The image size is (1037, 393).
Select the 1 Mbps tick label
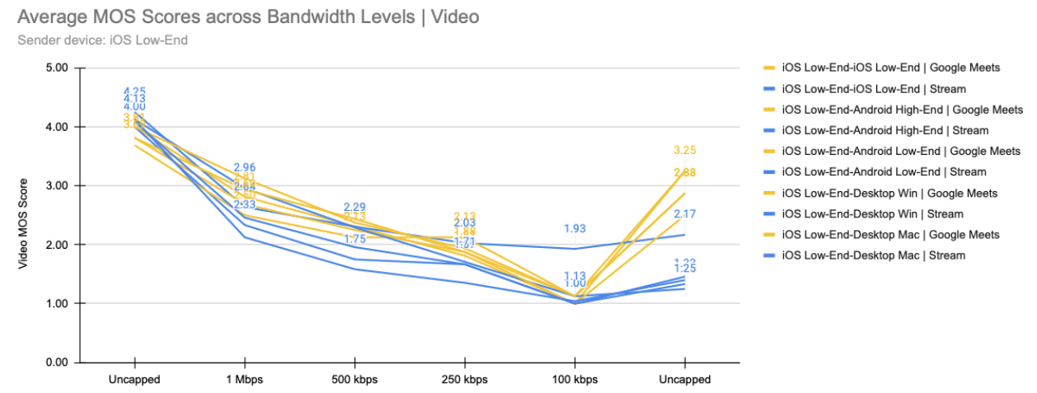pyautogui.click(x=244, y=380)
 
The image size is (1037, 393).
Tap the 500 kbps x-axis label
pyautogui.click(x=354, y=380)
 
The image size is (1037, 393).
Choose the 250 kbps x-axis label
pyautogui.click(x=465, y=380)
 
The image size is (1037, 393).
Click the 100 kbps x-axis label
pyautogui.click(x=575, y=380)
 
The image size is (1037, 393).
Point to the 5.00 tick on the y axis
pyautogui.click(x=54, y=68)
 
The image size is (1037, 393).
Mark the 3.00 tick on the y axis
pyautogui.click(x=54, y=186)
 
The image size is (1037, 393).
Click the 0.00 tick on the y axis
pyautogui.click(x=54, y=363)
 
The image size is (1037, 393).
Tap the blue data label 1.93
pyautogui.click(x=575, y=228)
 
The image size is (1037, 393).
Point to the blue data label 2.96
pyautogui.click(x=245, y=168)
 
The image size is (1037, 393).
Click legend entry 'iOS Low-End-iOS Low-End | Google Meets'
pyautogui.click(x=890, y=68)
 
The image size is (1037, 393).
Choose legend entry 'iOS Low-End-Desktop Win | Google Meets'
pyautogui.click(x=889, y=193)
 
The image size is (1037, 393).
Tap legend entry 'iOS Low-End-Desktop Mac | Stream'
pyautogui.click(x=873, y=255)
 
